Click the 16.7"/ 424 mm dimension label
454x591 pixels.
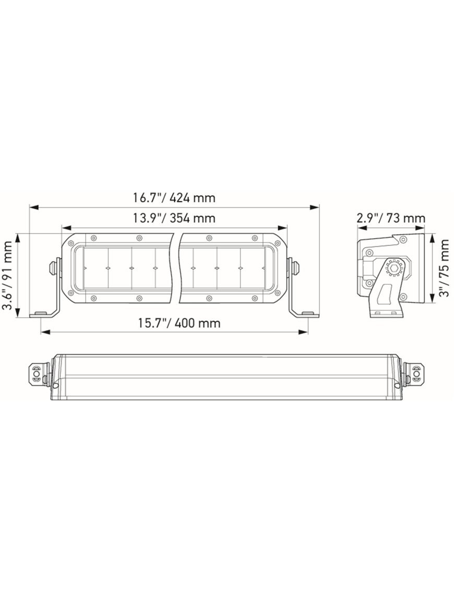click(174, 198)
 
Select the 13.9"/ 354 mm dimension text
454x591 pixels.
click(174, 218)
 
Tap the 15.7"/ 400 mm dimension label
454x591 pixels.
click(179, 323)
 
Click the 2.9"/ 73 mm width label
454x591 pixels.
click(391, 218)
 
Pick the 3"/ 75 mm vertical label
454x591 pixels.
click(444, 268)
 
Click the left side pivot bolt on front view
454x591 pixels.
click(53, 268)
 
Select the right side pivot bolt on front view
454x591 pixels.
click(296, 268)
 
